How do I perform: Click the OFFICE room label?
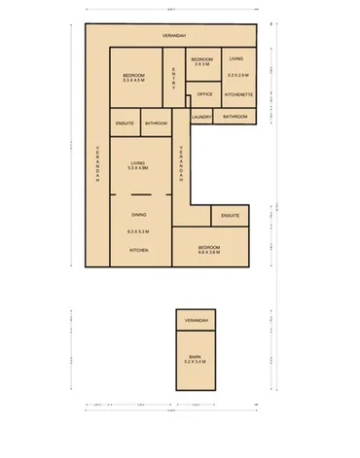coord(204,94)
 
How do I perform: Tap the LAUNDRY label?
coord(201,117)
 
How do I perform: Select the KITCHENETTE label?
coord(238,94)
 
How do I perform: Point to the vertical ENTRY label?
coord(173,78)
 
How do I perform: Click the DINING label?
coord(138,214)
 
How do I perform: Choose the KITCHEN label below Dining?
coord(138,250)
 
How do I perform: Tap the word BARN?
coord(196,358)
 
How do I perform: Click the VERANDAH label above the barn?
coord(196,320)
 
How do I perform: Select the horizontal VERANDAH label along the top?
coord(174,34)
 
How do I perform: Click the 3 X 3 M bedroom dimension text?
coord(200,66)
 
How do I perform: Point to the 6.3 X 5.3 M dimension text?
coord(138,231)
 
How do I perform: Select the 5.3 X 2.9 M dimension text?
coord(237,75)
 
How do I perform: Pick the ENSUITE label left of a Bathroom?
coord(125,123)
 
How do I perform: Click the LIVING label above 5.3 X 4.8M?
coord(138,163)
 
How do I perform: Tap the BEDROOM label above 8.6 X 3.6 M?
coord(209,247)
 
